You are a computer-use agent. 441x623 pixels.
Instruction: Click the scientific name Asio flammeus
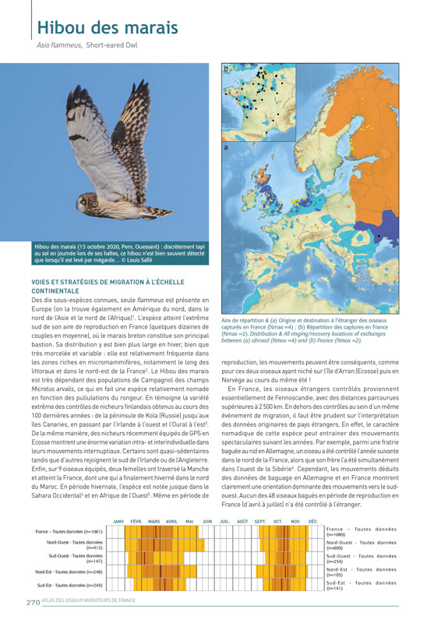[59, 46]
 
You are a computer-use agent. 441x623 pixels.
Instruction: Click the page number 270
[34, 602]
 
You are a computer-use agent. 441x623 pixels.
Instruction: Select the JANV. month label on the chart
[119, 522]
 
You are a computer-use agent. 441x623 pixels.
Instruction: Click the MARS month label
[154, 522]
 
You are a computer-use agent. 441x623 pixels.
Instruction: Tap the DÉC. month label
[313, 522]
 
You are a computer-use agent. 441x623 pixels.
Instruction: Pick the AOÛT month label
[242, 522]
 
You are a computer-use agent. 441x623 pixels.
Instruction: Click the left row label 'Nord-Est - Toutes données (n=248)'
[70, 572]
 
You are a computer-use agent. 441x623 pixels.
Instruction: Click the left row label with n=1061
[69, 532]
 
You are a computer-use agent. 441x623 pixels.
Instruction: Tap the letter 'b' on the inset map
[227, 69]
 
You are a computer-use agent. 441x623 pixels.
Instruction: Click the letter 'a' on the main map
[226, 146]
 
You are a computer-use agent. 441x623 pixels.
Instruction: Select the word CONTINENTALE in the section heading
[55, 290]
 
